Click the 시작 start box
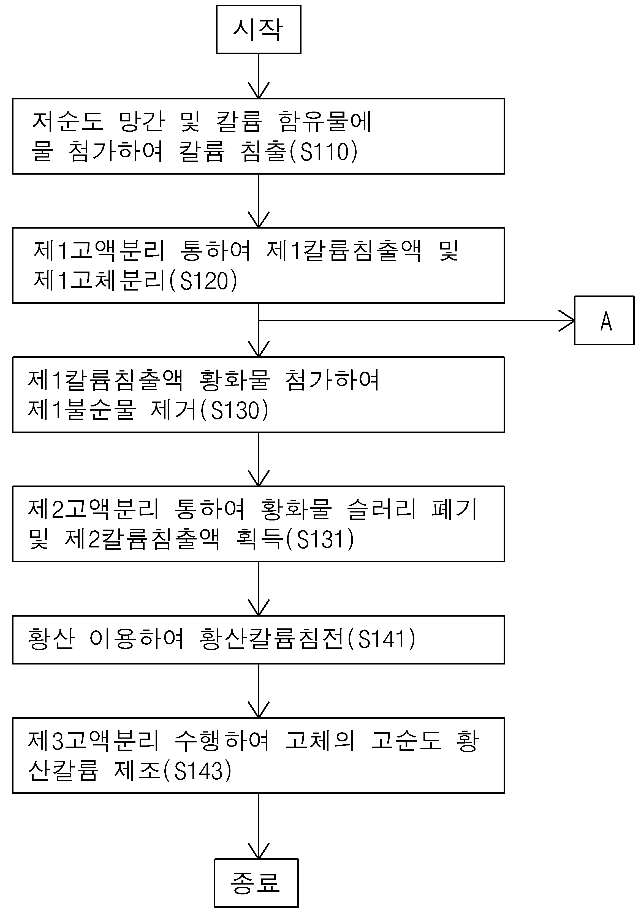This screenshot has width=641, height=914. [258, 29]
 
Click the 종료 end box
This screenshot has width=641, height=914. [256, 883]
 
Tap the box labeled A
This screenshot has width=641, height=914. [604, 321]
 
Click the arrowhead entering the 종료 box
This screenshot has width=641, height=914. [258, 851]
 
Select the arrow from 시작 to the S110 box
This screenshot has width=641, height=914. [258, 76]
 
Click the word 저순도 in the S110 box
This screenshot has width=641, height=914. [68, 121]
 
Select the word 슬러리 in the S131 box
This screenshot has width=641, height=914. [381, 509]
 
